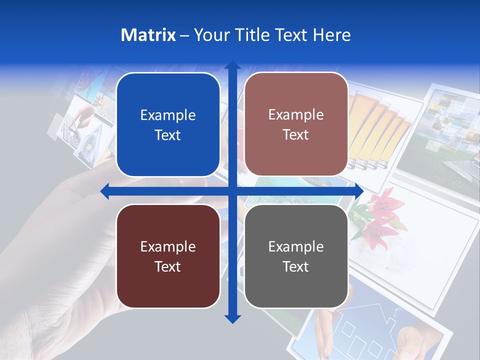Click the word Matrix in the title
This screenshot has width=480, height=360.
[148, 35]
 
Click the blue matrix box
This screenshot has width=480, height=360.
[168, 124]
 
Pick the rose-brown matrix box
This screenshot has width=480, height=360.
[296, 124]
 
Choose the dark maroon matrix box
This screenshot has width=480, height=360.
[168, 256]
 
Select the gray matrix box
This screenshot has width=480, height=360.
[296, 256]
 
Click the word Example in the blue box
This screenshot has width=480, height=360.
[168, 115]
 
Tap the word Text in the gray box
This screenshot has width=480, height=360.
[296, 266]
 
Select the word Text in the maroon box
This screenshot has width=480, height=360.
[168, 266]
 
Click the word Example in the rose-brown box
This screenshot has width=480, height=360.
[296, 114]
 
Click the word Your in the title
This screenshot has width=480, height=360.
[210, 35]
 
